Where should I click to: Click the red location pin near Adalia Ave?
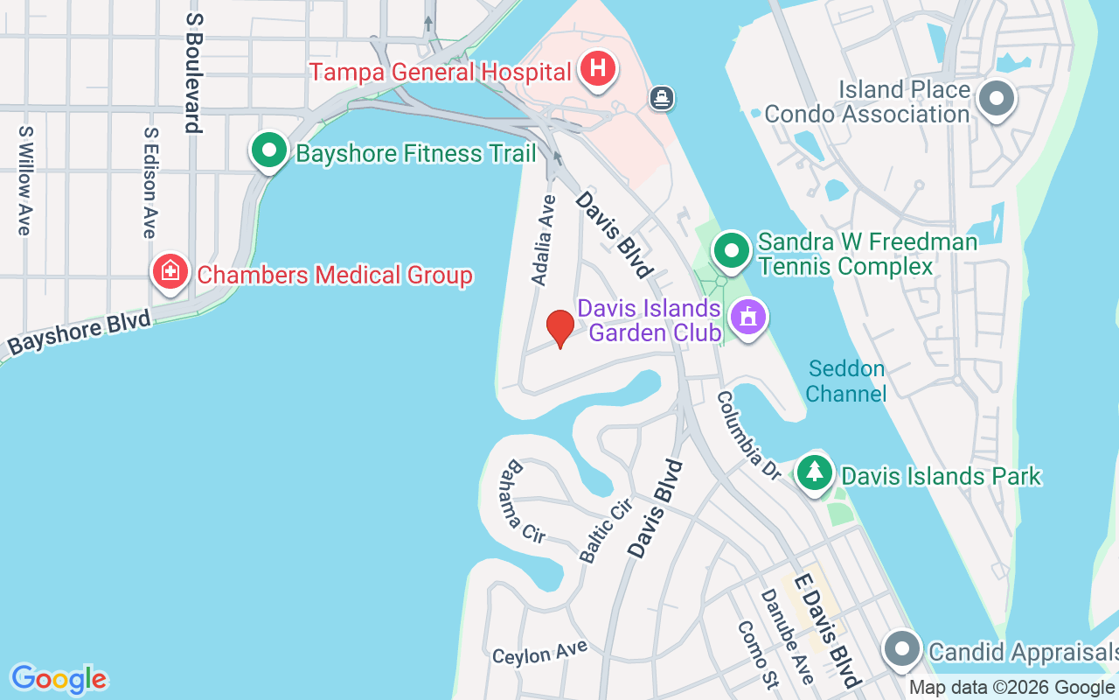click(560, 328)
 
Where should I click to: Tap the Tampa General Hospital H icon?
click(599, 68)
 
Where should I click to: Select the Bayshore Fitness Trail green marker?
click(269, 151)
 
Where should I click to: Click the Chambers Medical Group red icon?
click(170, 272)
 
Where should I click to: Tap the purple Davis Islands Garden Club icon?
click(747, 317)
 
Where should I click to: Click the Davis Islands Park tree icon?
click(815, 473)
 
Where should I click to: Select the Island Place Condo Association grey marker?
click(997, 98)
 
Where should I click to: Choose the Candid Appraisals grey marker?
click(901, 650)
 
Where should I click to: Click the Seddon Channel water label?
click(845, 381)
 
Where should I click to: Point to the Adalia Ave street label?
click(544, 239)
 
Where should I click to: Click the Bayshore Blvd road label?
click(80, 332)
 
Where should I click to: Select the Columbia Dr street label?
click(748, 435)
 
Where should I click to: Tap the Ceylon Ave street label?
click(539, 653)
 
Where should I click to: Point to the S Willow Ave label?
click(24, 180)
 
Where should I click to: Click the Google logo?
click(59, 679)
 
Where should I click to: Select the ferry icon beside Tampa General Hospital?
click(662, 97)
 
